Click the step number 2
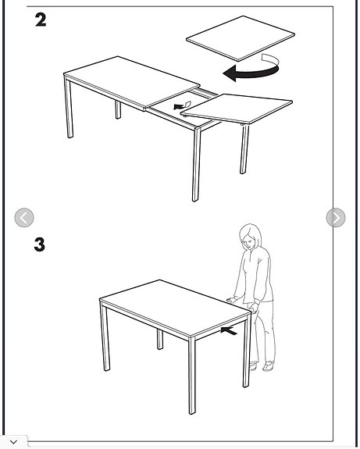pos(41,20)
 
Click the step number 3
pos(40,244)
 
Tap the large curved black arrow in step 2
pos(253,71)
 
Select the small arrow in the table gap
pos(182,105)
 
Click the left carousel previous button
pos(24,218)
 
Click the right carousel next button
pos(335,218)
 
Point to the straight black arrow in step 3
pos(229,331)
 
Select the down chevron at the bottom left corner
pos(13,442)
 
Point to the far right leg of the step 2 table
pos(244,148)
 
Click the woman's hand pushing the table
pos(231,299)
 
